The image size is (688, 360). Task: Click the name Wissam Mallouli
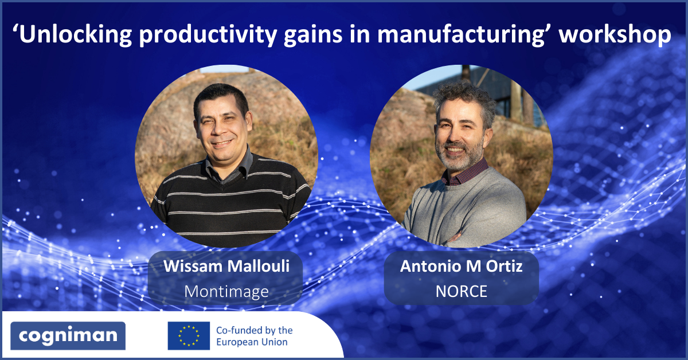coord(226,266)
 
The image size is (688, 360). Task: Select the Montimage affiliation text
coord(226,292)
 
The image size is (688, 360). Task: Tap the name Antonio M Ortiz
coord(461,266)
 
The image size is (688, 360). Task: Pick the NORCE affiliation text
coord(462,292)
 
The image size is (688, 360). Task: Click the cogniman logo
coord(68,336)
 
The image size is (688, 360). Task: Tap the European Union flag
coord(189,336)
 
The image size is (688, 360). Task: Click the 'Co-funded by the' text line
coord(255,330)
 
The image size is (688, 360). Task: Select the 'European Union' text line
coord(252,342)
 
